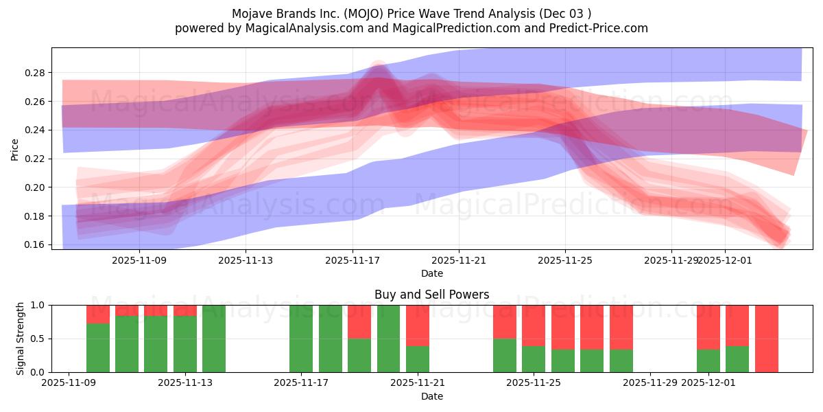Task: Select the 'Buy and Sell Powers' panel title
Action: point(431,295)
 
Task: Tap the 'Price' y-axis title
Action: point(14,148)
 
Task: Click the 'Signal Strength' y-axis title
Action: point(21,339)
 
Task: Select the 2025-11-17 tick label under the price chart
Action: point(353,261)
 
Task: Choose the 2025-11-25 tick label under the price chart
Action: point(565,261)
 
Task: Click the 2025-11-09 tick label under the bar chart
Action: point(69,383)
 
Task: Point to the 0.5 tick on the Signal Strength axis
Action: point(38,339)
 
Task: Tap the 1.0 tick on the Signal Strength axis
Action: point(38,305)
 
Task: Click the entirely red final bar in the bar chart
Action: point(766,339)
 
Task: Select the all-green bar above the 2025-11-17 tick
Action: point(301,339)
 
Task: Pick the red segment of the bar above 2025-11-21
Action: point(418,325)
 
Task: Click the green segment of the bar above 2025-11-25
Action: point(534,358)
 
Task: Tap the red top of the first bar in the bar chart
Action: point(98,314)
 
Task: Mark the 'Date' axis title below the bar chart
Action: point(431,396)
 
